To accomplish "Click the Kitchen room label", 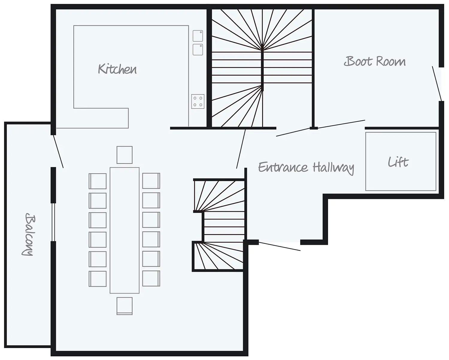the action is coord(117,69).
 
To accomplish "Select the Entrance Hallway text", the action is coord(306,168).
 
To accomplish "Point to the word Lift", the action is coord(398,162).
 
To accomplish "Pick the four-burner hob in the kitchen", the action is coord(198,101).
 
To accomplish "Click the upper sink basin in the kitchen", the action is coord(198,36).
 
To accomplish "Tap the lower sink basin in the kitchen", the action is coord(198,50).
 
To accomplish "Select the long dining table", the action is coord(125,230).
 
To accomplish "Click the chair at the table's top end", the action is coord(125,155).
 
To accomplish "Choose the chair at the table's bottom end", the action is coord(125,306).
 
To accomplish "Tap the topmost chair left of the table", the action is coord(98,181).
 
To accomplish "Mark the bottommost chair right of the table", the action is coord(151,278).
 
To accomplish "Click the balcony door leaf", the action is coord(58,151).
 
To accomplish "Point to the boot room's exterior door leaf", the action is coord(437,84).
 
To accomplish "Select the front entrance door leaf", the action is coord(279,246).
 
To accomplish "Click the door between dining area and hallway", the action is coord(241,149).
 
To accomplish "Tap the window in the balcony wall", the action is coord(53,222).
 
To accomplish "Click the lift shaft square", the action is coord(401,161).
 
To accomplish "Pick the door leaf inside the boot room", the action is coord(321,128).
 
